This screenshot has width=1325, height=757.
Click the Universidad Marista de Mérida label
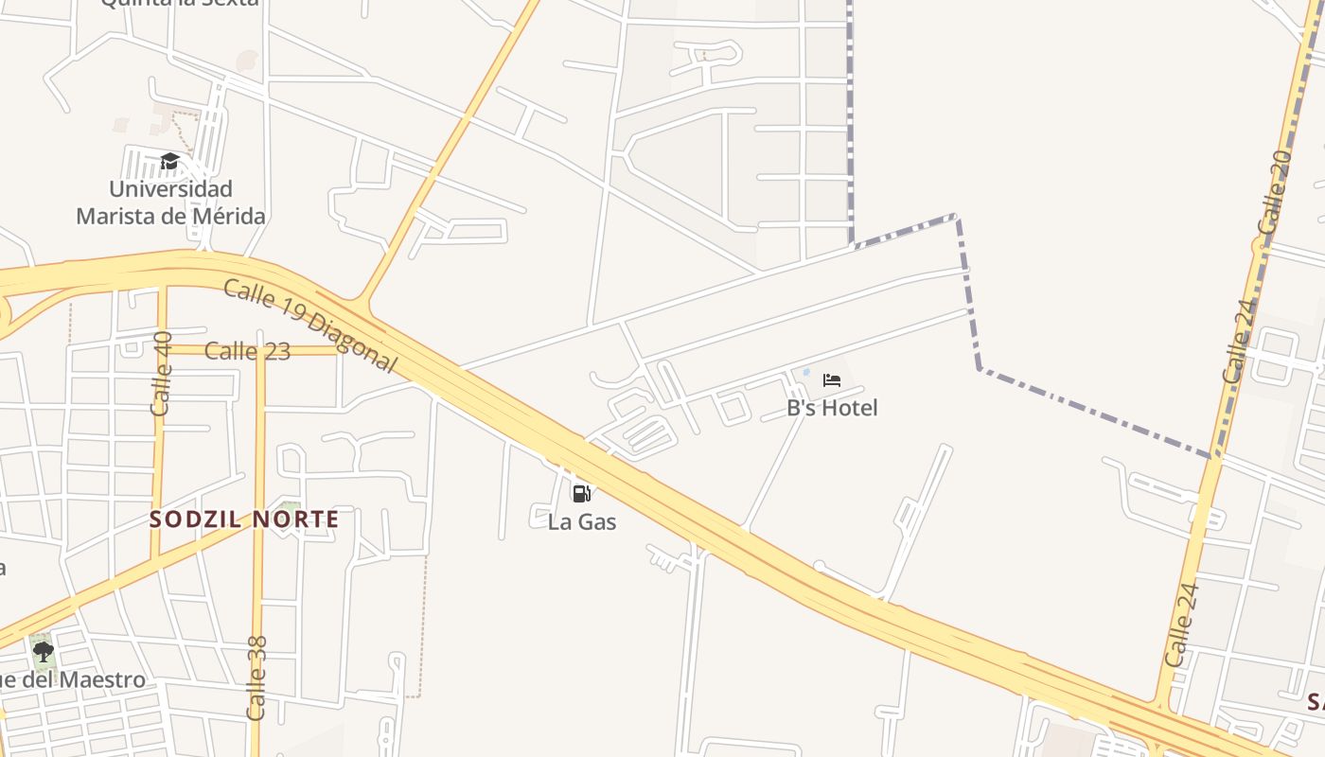tap(170, 202)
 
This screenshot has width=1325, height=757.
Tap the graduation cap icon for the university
tap(169, 162)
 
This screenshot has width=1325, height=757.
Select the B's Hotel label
tap(832, 408)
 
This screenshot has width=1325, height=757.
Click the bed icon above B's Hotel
tap(832, 380)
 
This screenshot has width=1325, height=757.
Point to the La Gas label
tap(582, 521)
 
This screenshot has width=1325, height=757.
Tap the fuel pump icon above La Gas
tap(581, 493)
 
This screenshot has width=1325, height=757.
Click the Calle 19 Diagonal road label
tap(309, 326)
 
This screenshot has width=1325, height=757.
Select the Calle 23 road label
tap(247, 351)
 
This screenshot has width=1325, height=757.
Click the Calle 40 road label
tap(162, 373)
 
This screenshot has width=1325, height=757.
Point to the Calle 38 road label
tap(256, 678)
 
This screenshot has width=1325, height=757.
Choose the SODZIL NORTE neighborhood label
tap(244, 519)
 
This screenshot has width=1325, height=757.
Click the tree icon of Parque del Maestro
tap(43, 651)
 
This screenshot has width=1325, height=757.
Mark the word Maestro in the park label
tap(105, 680)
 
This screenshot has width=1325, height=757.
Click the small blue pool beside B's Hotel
tap(806, 373)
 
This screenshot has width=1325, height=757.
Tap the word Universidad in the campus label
tap(170, 189)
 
